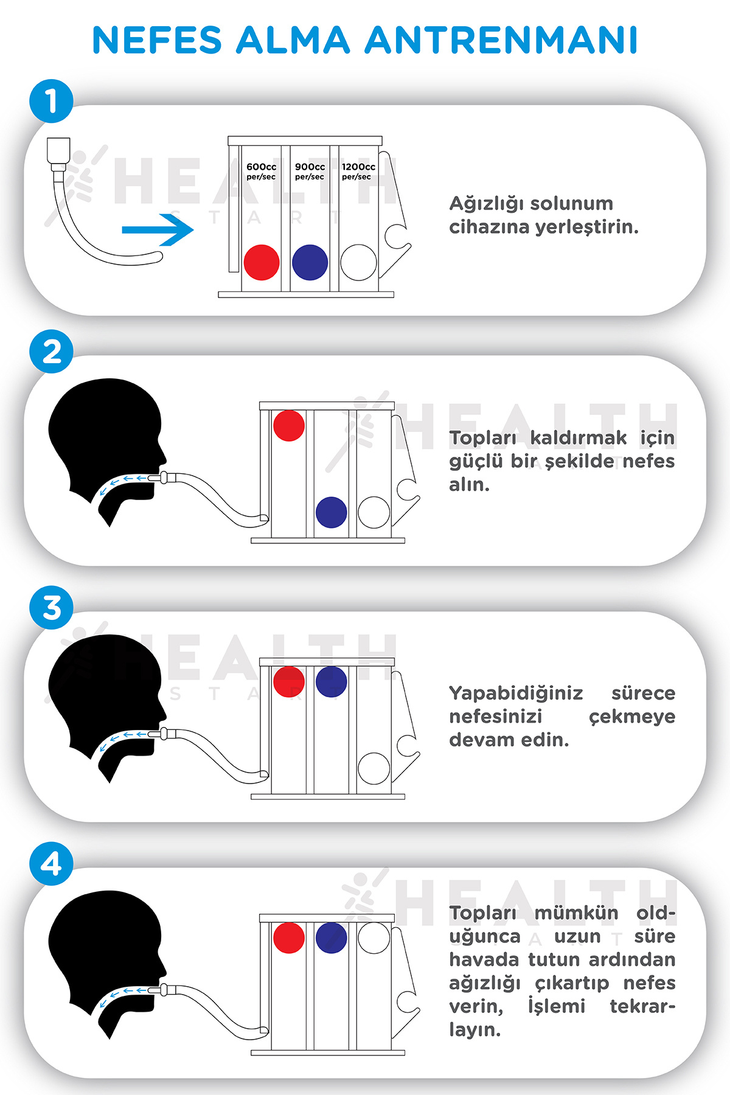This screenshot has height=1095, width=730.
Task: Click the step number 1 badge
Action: (52, 101)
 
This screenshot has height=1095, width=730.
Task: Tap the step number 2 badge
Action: (52, 352)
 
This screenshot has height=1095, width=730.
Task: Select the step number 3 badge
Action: (52, 608)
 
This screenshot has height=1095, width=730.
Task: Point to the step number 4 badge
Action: (52, 864)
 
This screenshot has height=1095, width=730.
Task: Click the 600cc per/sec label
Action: (261, 172)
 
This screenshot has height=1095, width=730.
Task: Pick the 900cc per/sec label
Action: (310, 172)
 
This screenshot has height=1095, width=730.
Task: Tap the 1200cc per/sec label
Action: (358, 172)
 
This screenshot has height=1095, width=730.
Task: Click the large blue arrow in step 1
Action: (158, 230)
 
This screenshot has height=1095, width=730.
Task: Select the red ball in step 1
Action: (262, 262)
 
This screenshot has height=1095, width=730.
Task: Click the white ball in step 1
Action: (359, 262)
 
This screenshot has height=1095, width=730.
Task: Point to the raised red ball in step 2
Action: (289, 425)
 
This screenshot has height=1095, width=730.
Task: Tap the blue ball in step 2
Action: (332, 512)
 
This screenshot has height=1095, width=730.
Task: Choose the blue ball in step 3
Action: (332, 681)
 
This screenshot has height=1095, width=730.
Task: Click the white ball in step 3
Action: (374, 768)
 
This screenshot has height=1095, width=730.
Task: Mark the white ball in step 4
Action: (374, 937)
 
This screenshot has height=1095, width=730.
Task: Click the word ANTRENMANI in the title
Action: (501, 40)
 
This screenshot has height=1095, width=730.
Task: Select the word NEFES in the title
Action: (158, 40)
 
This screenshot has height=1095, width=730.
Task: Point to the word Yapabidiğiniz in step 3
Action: (516, 694)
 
